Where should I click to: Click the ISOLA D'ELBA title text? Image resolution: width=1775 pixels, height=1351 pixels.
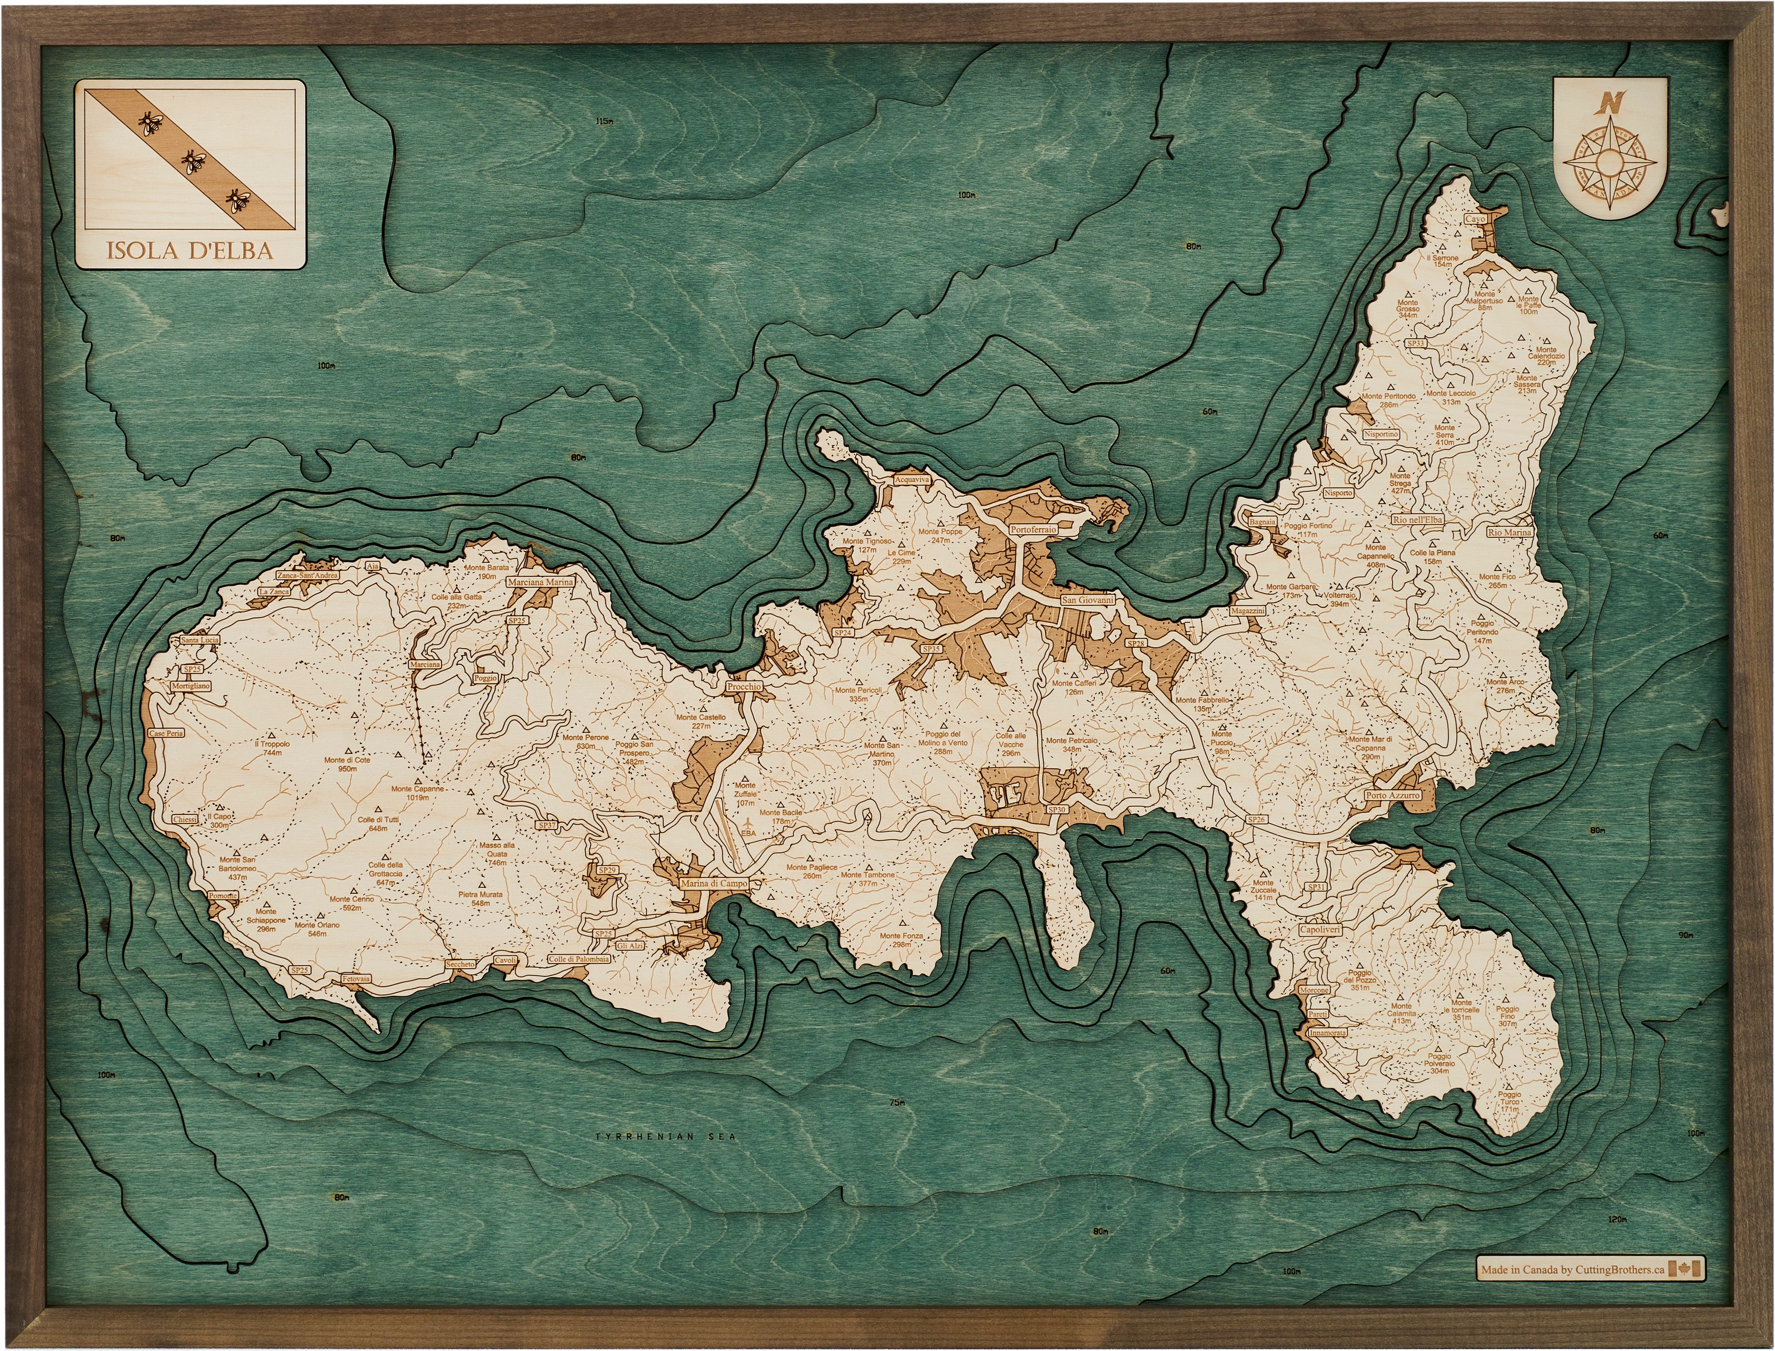(190, 250)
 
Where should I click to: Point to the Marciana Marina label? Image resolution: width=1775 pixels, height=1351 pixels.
(540, 582)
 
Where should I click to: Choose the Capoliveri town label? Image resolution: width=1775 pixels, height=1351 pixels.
(1320, 930)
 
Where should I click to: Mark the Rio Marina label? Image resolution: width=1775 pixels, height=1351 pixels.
(1510, 533)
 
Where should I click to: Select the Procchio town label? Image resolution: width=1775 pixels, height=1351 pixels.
(743, 687)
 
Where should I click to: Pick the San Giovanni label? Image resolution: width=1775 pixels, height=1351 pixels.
(1088, 600)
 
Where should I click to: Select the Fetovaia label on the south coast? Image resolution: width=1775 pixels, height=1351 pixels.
(355, 979)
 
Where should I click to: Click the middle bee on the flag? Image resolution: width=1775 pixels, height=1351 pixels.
(193, 162)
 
